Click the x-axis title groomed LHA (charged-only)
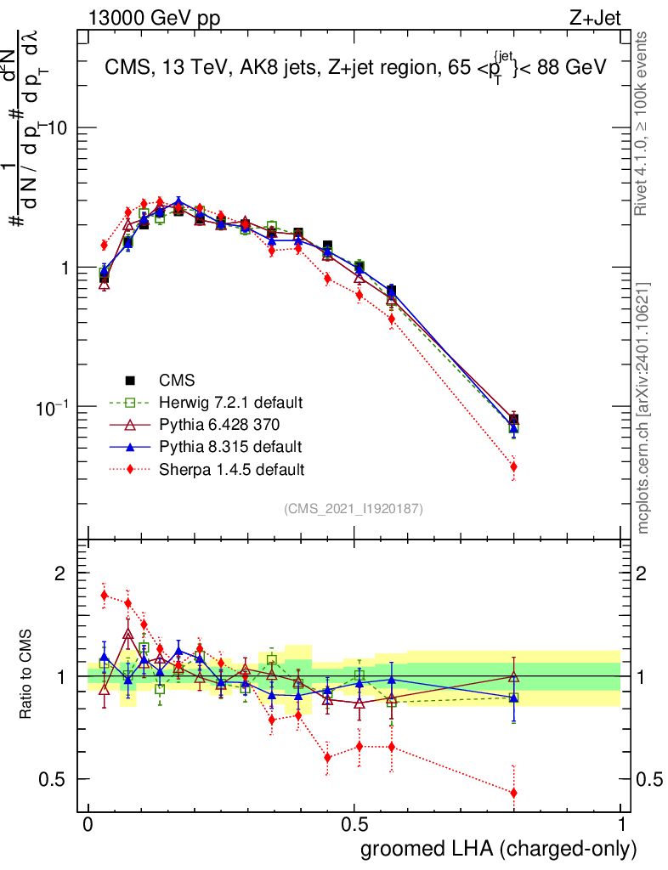[499, 849]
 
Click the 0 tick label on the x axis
[88, 825]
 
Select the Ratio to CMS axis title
[27, 676]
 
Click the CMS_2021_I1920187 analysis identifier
[354, 509]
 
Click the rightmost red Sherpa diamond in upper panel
[513, 466]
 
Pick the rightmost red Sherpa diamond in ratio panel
[513, 793]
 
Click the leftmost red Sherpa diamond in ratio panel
[105, 595]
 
